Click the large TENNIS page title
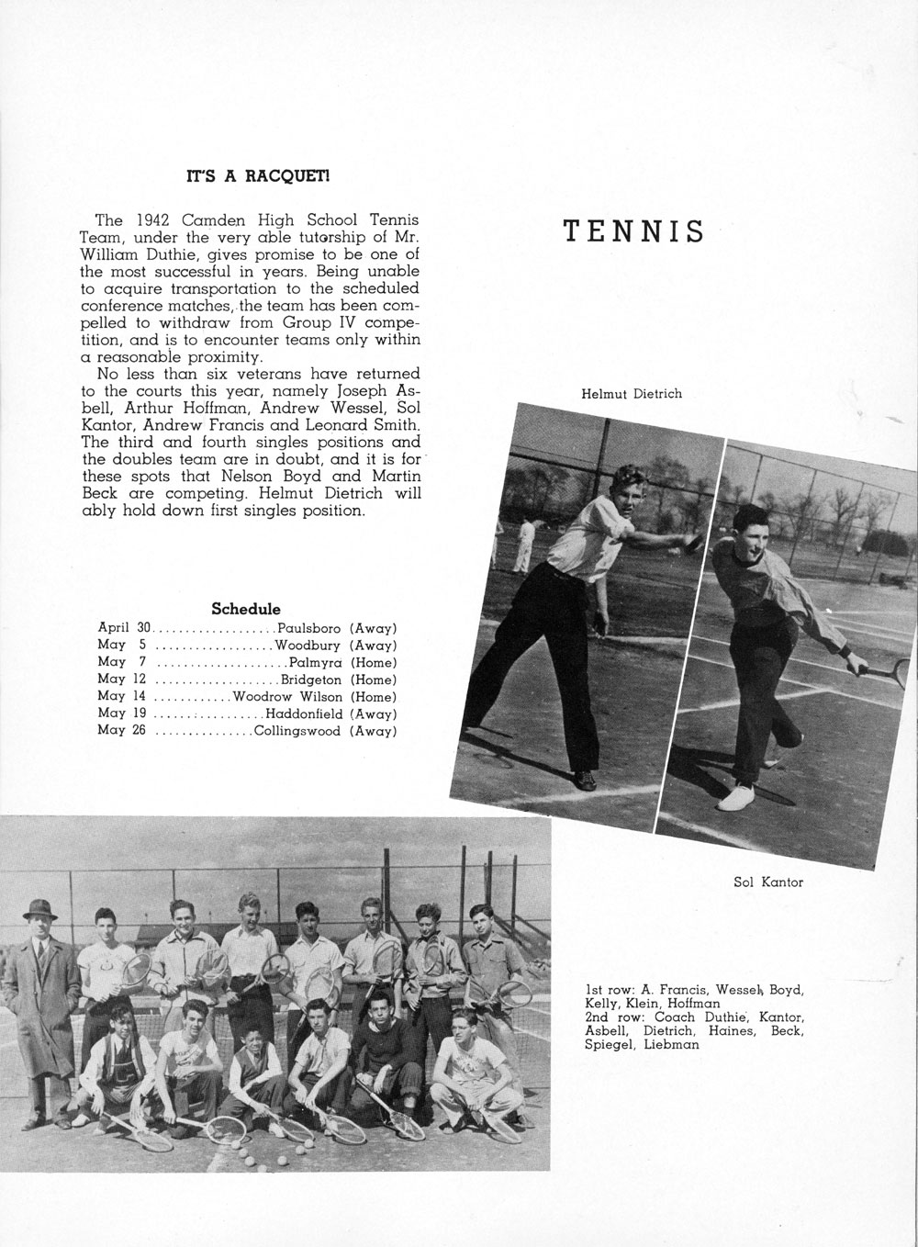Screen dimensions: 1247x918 (633, 231)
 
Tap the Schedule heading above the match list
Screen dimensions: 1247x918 (246, 609)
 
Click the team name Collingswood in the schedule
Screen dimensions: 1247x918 (297, 731)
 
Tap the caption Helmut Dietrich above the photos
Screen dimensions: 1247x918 (632, 394)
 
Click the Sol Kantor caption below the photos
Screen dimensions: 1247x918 (768, 882)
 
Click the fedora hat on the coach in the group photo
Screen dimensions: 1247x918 (40, 907)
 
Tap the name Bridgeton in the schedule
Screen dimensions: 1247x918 (311, 680)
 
